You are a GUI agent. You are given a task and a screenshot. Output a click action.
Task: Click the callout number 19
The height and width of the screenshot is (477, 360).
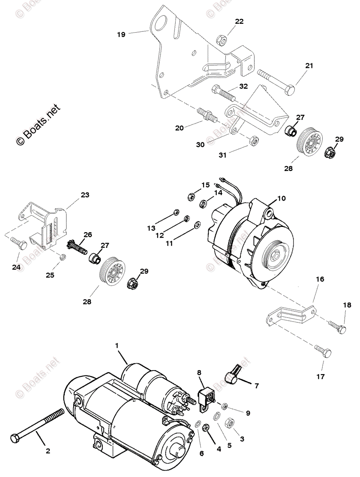tap(121, 35)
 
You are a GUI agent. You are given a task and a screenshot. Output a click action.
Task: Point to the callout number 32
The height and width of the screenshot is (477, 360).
tap(243, 86)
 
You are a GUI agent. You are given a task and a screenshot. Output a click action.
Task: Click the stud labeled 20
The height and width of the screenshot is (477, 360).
tap(207, 114)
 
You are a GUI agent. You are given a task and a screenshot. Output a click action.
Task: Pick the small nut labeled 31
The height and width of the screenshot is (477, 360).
tap(253, 141)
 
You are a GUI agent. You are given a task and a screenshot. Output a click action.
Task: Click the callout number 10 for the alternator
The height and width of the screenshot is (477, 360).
tap(281, 198)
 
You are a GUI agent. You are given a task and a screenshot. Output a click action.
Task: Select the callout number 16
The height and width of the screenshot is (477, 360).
tap(320, 279)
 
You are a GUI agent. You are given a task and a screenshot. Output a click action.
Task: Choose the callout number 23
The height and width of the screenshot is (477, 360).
tap(85, 195)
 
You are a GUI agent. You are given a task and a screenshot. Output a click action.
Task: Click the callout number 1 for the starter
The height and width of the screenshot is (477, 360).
tap(117, 345)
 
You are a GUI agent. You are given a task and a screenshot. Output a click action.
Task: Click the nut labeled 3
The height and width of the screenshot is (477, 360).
tap(230, 423)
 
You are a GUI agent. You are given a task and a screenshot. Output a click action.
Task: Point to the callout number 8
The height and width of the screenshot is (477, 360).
tap(199, 372)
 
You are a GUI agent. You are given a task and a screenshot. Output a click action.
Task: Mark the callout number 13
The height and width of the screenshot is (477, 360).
tap(151, 228)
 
